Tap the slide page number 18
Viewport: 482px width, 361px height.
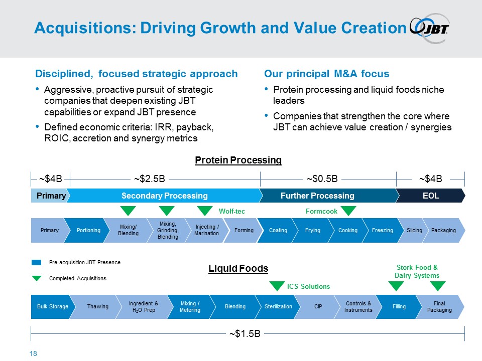tap(34, 354)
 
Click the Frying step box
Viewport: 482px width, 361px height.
tap(313, 230)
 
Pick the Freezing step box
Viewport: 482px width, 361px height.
tap(383, 230)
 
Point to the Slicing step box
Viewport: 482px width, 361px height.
tap(414, 230)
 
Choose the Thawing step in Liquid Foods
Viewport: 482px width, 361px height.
tap(97, 306)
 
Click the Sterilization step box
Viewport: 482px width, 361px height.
tap(278, 306)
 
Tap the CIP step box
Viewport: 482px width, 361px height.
tap(318, 306)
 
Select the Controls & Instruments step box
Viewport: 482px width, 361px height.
tap(358, 306)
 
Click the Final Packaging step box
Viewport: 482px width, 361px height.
tap(439, 306)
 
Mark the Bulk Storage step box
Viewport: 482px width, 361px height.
tap(52, 306)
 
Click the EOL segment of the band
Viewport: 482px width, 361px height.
tap(430, 196)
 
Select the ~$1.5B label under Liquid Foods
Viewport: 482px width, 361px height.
tap(245, 333)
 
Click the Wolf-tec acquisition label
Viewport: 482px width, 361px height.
tap(232, 212)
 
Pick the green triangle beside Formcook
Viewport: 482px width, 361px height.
tap(348, 211)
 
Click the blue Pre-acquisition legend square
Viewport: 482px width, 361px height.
tap(37, 262)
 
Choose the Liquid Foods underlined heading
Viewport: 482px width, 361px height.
tap(238, 269)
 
